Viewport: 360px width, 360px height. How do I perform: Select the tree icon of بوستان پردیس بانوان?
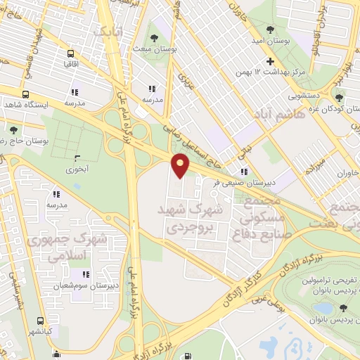[343, 307]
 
